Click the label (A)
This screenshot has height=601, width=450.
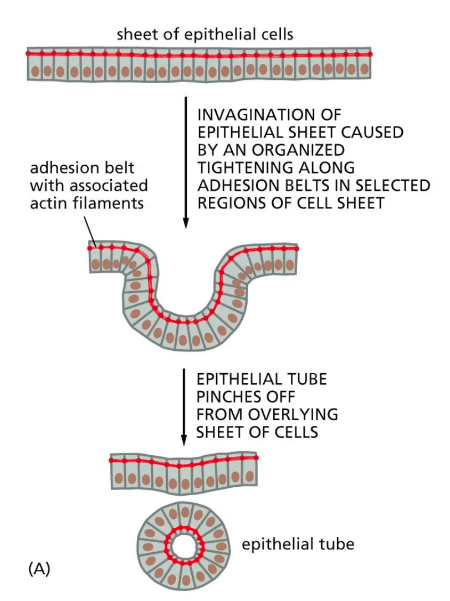tap(38, 568)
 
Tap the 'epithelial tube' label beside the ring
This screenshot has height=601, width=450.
tap(298, 544)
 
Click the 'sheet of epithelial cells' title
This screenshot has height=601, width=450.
tap(204, 35)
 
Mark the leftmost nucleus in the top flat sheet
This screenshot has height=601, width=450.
tap(35, 71)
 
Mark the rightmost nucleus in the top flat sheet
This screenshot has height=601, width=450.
tap(364, 70)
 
